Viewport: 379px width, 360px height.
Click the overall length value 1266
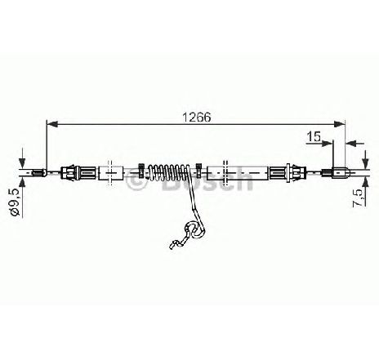pos(196,117)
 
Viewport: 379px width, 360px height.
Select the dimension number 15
pos(314,136)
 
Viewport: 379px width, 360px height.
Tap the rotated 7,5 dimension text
pos(358,198)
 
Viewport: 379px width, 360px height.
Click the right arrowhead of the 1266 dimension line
pos(340,124)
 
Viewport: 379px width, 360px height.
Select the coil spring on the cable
pos(168,173)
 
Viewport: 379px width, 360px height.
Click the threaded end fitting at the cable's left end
pos(39,172)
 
